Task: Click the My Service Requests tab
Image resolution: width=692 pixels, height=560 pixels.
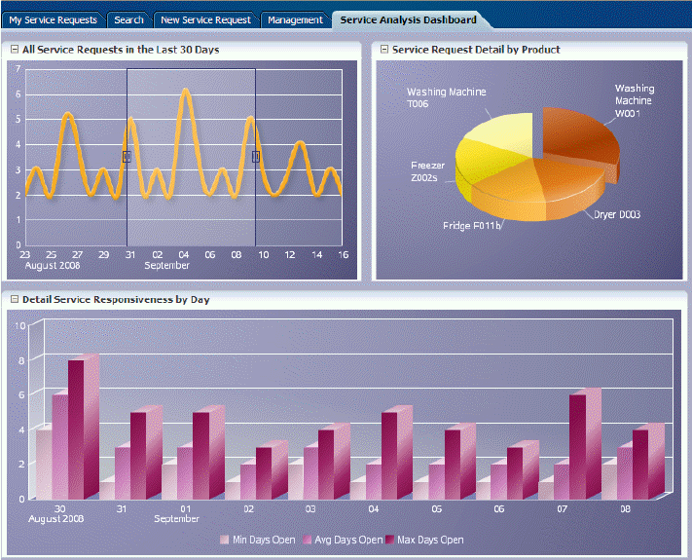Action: click(53, 19)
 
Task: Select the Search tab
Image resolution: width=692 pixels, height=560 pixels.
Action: click(128, 19)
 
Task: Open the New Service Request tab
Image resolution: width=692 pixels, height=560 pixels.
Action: click(205, 19)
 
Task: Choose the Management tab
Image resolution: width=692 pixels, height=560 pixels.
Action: click(295, 19)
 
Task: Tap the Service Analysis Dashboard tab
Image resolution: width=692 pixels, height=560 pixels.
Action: click(408, 19)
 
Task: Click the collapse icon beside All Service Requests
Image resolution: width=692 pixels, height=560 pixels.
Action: click(15, 49)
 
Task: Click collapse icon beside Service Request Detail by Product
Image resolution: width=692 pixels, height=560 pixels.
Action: click(384, 49)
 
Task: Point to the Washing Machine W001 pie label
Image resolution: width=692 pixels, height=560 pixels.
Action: click(634, 100)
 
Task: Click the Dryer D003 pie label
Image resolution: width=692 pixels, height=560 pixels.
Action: click(617, 214)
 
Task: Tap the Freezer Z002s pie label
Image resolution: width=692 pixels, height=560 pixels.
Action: click(428, 172)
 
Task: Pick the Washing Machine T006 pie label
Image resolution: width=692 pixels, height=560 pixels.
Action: click(447, 98)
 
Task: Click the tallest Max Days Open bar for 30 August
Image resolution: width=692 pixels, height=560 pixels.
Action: click(76, 429)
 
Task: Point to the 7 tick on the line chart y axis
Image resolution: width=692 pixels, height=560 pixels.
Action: click(18, 68)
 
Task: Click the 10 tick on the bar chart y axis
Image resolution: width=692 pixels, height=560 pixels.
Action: click(20, 324)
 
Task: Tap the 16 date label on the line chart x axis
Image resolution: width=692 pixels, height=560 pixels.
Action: click(343, 253)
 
